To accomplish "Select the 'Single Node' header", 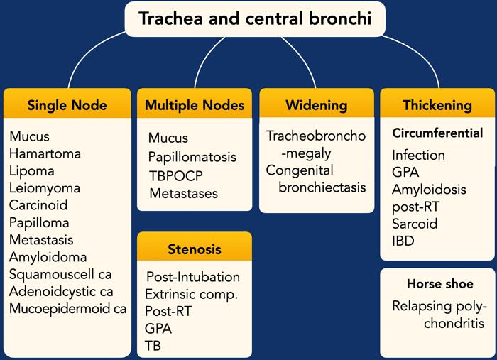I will coord(67,105).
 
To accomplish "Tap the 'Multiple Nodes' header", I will coord(194,105).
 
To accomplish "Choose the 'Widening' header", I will coord(316,105).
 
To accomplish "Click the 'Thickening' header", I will coord(437,105).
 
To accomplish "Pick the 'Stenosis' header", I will coord(194,249).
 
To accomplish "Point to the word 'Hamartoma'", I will coord(45,154).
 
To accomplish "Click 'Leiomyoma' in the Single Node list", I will coord(45,188).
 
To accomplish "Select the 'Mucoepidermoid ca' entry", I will coord(67,308).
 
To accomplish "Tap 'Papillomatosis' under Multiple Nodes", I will coord(192,157).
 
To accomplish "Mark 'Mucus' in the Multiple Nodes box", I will coord(168,138).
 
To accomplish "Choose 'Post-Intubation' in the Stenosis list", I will coord(193,277).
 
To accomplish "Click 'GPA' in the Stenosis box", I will coord(158,329).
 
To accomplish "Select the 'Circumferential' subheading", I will coord(437,133).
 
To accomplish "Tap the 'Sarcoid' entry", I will coord(415,224).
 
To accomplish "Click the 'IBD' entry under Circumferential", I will coord(403,241).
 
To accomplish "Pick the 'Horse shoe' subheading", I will coord(440,284).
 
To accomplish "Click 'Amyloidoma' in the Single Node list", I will coord(48,257).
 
